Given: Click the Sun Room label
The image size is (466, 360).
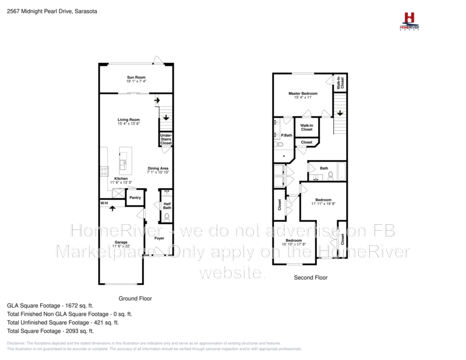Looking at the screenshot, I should pyautogui.click(x=136, y=77).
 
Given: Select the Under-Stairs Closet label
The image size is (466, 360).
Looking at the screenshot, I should pyautogui.click(x=166, y=139).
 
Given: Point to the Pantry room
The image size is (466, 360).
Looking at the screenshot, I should pyautogui.click(x=135, y=198).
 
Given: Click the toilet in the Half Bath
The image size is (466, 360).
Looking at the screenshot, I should pyautogui.click(x=167, y=217).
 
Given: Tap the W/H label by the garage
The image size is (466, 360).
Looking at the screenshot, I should pyautogui.click(x=104, y=203).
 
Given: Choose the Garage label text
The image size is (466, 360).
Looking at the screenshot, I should pyautogui.click(x=121, y=242).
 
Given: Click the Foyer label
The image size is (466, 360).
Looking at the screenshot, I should pyautogui.click(x=159, y=238).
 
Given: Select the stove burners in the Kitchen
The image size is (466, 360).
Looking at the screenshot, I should pyautogui.click(x=104, y=171).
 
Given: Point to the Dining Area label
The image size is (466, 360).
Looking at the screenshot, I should pyautogui.click(x=158, y=168).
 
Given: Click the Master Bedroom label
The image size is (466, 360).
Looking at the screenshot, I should pyautogui.click(x=303, y=93).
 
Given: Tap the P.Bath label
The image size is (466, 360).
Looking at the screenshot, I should pyautogui.click(x=286, y=135).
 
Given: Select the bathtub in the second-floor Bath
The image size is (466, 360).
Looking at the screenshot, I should pyautogui.click(x=341, y=173).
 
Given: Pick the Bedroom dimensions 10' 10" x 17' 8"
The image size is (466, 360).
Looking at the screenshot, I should pyautogui.click(x=294, y=244).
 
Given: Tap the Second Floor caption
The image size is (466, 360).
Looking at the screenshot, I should pyautogui.click(x=311, y=278).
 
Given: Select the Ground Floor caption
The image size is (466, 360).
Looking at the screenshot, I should pyautogui.click(x=135, y=298).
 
